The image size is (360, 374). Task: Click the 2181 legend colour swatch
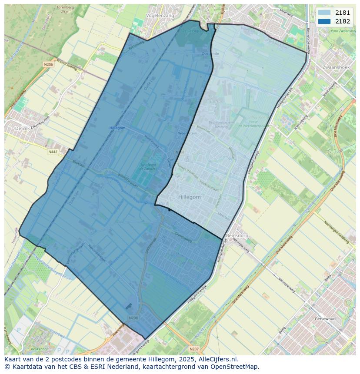click(324, 13)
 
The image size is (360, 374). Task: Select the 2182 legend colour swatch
click(324, 21)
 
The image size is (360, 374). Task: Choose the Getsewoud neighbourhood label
click(325, 318)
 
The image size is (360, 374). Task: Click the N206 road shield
click(48, 65)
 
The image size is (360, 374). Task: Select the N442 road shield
click(53, 152)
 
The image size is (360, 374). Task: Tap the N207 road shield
click(194, 348)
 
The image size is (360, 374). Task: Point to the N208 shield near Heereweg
click(133, 318)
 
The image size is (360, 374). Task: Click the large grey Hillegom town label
click(190, 197)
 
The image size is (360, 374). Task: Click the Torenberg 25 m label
click(65, 10)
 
